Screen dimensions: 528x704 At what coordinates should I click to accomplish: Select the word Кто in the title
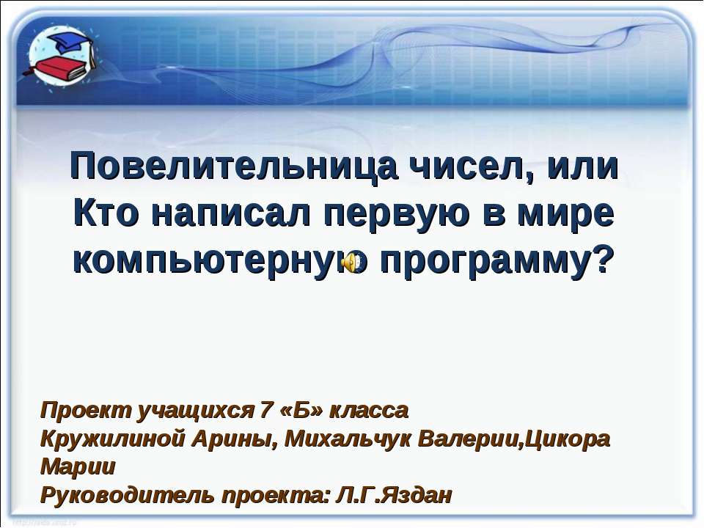coord(108,213)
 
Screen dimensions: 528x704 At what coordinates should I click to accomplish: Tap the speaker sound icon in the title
coord(352,261)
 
